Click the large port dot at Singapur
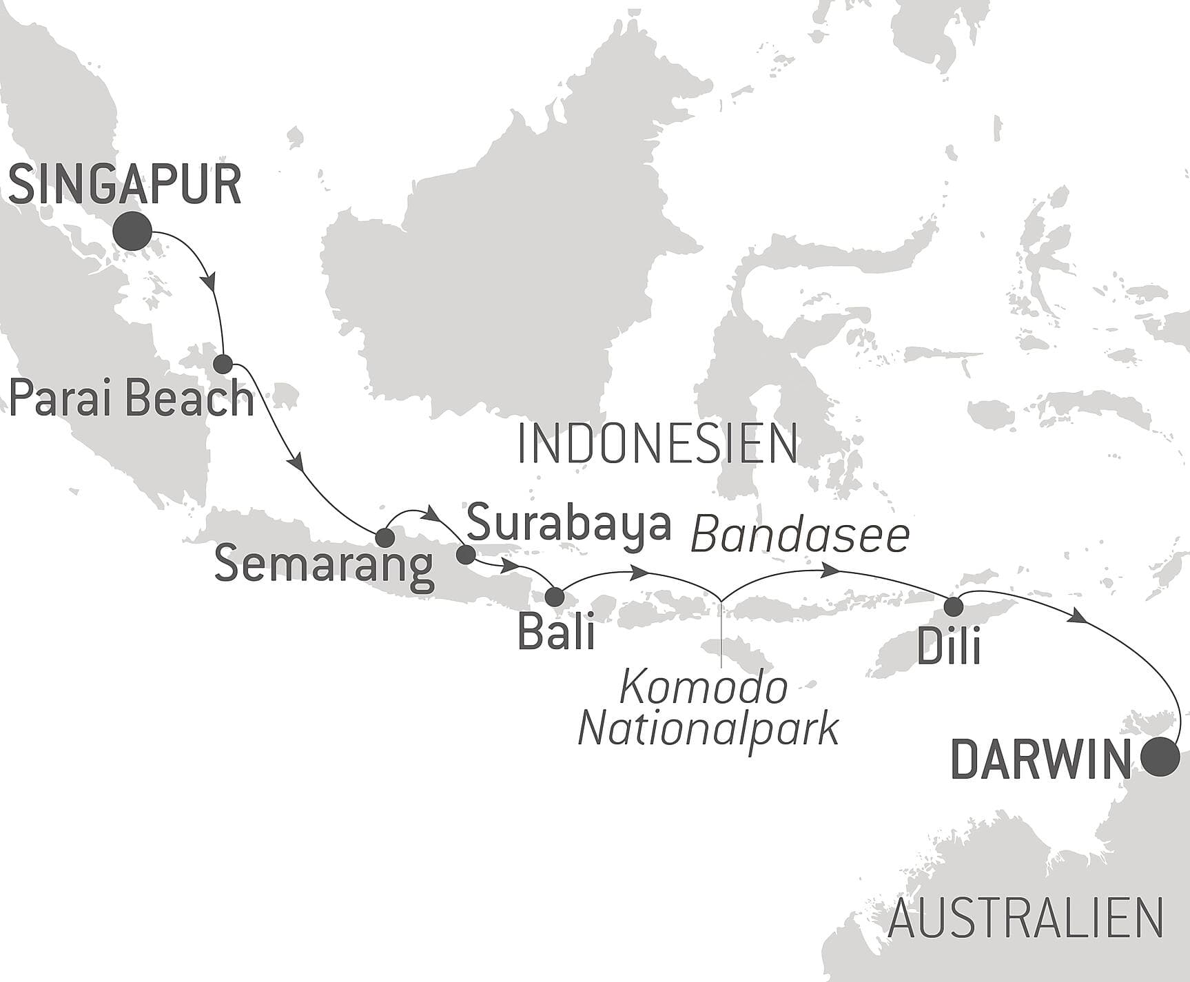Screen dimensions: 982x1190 tap(133, 231)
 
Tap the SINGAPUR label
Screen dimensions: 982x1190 tap(125, 185)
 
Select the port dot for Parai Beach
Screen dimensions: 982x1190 tap(223, 364)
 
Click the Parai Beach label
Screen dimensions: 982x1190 tap(131, 399)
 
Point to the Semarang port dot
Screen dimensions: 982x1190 tap(384, 538)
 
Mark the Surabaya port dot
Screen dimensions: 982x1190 tap(466, 554)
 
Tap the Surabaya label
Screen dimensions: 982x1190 tap(568, 524)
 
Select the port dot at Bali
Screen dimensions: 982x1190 tap(555, 597)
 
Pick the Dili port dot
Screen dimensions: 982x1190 tap(954, 606)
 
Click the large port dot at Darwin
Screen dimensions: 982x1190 tap(1158, 757)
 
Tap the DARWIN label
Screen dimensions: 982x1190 tap(1040, 761)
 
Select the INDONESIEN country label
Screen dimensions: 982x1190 tap(657, 444)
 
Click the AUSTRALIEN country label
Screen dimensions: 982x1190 tap(1025, 919)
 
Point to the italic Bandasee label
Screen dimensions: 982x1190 tap(800, 535)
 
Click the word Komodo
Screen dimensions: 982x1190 tap(704, 688)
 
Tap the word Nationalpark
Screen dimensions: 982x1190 tap(708, 729)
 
